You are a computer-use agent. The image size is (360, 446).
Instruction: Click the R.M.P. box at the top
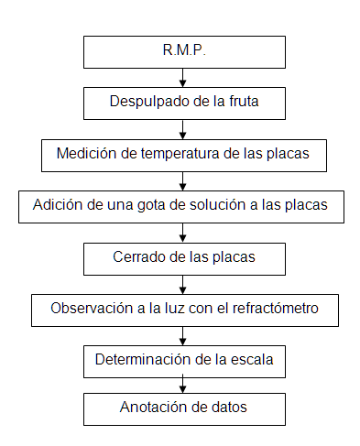click(x=183, y=51)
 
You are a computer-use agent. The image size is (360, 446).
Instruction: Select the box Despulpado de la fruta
click(x=183, y=103)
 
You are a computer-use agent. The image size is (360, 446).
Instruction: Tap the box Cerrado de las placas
click(x=183, y=257)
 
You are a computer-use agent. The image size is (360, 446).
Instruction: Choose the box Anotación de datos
click(x=183, y=408)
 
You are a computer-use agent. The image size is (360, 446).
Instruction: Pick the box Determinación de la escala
click(x=183, y=360)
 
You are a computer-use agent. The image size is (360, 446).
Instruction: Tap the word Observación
click(x=92, y=309)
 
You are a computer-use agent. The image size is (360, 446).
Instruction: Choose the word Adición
click(x=58, y=205)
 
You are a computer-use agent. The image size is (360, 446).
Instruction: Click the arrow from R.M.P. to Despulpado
click(x=183, y=77)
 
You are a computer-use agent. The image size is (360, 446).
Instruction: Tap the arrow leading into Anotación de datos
click(x=183, y=384)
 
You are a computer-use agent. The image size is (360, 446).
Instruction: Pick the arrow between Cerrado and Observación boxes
click(x=183, y=283)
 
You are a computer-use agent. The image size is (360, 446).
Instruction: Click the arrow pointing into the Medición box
click(x=183, y=128)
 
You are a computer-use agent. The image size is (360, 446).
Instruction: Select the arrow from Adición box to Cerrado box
click(x=183, y=232)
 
